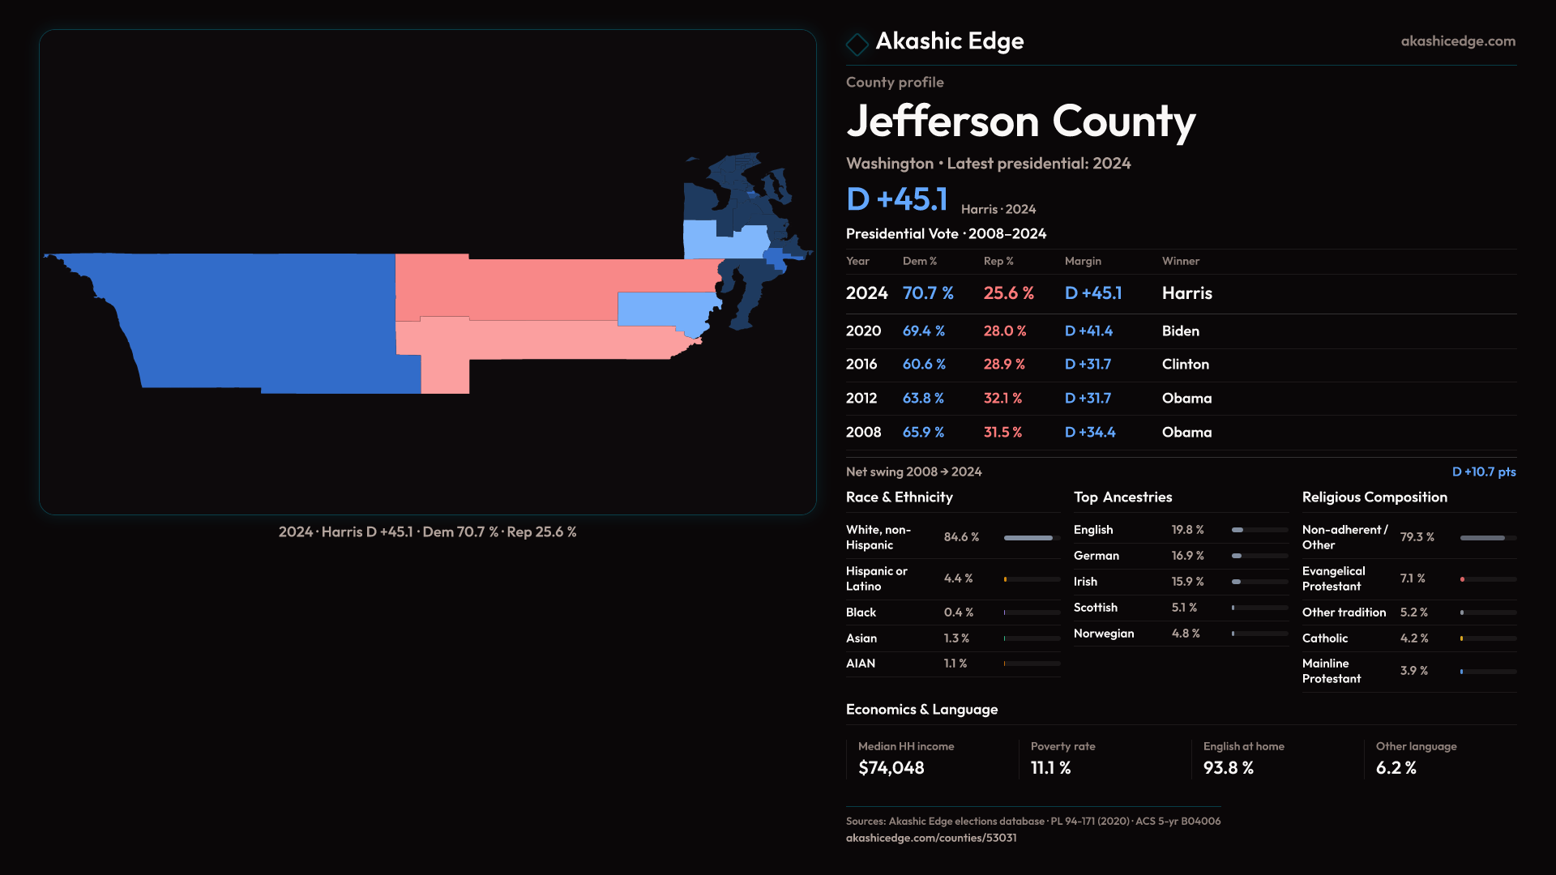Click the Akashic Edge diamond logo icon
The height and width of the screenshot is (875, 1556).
tap(857, 43)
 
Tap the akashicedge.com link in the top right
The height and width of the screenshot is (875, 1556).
tap(1457, 41)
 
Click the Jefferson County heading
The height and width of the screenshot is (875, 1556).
tap(1020, 122)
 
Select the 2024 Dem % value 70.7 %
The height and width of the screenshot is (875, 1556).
tap(927, 293)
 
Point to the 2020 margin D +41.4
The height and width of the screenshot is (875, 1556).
tap(1088, 331)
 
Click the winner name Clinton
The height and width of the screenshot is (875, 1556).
tap(1185, 365)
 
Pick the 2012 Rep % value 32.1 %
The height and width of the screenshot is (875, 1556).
tap(1002, 399)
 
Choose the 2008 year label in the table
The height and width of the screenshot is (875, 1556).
tap(863, 433)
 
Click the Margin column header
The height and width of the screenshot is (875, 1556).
tap(1083, 261)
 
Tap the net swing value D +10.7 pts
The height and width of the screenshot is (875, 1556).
tap(1483, 472)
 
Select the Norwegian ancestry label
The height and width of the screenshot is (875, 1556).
tap(1103, 634)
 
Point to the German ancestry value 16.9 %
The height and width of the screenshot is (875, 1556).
tap(1187, 556)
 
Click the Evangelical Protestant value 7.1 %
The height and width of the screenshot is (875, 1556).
tap(1412, 578)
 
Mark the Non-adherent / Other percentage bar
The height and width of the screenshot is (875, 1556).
tap(1487, 538)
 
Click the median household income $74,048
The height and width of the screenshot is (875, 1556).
tap(891, 768)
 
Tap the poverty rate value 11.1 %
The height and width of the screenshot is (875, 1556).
tap(1050, 768)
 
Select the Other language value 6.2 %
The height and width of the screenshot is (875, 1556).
tap(1396, 768)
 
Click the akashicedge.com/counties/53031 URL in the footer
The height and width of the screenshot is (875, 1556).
tap(930, 838)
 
